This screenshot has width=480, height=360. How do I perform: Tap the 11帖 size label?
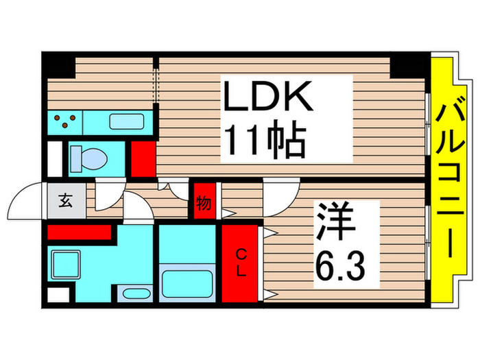point(263,143)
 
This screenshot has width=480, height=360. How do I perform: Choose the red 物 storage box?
point(204,202)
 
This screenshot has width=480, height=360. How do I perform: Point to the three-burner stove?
point(65,123)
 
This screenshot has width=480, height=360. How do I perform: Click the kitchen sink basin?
point(126,123)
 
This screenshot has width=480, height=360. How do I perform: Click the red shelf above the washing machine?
point(79,232)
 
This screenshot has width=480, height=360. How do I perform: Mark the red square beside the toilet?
point(143,157)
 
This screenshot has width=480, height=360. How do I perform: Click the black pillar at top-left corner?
point(59,66)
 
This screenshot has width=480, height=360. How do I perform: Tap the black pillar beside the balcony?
point(410,66)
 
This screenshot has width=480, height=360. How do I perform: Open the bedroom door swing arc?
point(281,195)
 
